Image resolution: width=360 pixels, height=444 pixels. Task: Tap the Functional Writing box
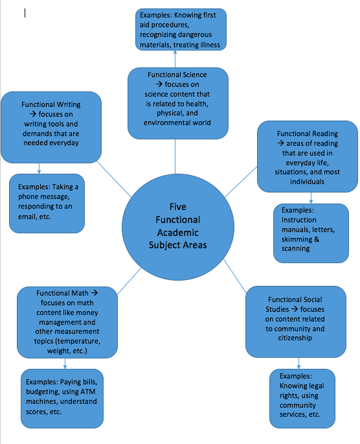point(51,127)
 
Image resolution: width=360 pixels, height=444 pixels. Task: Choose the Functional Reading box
point(307,158)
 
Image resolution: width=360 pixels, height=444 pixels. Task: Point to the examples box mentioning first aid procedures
point(181,29)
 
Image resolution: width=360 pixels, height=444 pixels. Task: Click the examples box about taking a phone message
point(47,204)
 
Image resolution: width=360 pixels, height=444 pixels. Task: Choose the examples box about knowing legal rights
point(302,395)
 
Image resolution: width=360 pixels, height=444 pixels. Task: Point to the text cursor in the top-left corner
point(25,12)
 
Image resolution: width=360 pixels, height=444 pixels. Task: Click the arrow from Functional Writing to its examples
point(39,168)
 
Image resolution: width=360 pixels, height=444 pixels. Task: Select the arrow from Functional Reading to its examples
point(311,197)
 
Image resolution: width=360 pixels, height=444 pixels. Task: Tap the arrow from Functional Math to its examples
point(65,363)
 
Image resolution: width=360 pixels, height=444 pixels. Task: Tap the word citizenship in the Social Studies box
point(295,338)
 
